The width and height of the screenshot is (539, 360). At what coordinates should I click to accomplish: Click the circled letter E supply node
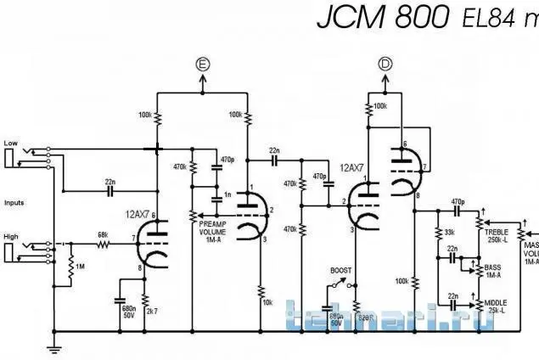(x=201, y=64)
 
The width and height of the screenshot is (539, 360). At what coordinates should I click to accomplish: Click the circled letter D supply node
(x=386, y=64)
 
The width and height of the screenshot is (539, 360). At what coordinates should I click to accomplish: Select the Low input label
(x=10, y=142)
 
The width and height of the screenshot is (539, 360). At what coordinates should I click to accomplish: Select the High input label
(x=11, y=238)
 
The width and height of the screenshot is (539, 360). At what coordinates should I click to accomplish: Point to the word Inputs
(x=14, y=203)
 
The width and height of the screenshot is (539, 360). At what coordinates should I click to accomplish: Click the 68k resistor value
(x=103, y=235)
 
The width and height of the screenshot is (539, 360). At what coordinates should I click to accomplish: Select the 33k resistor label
(x=449, y=232)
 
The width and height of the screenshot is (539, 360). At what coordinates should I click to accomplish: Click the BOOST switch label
(x=340, y=270)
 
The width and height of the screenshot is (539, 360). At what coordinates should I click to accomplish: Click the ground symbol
(x=54, y=346)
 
